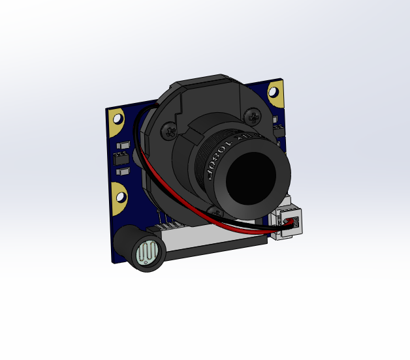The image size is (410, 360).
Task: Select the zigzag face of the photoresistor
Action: (149, 253)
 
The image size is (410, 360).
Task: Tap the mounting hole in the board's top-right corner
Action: (276, 93)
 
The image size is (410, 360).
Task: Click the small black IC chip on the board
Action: (121, 158)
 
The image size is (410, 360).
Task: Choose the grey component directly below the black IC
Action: (122, 172)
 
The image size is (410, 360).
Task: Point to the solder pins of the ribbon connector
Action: (171, 226)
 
